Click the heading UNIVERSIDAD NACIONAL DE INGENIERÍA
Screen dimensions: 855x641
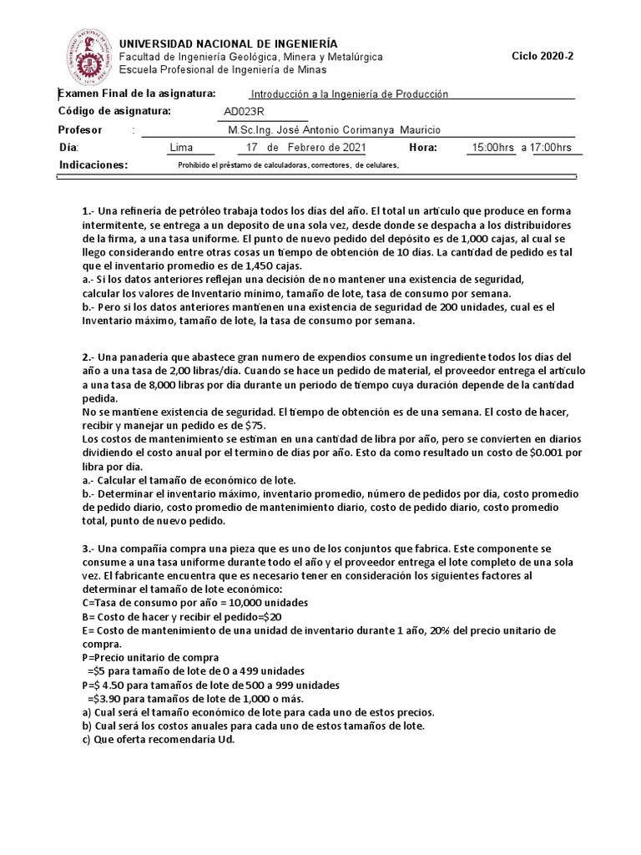(x=230, y=43)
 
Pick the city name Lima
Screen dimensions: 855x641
(x=180, y=148)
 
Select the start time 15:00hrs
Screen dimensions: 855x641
(x=493, y=148)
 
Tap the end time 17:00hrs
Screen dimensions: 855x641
(x=552, y=148)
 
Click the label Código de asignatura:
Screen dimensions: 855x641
(x=114, y=111)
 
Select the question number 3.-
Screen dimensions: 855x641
(x=86, y=549)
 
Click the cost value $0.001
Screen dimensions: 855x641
(x=547, y=453)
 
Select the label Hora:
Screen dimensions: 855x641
(x=423, y=148)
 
